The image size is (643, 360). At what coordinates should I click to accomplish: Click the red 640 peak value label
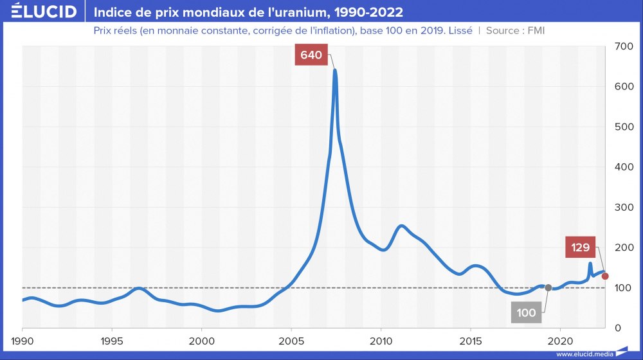coord(311,55)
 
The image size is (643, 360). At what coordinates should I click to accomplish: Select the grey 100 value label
coord(526,313)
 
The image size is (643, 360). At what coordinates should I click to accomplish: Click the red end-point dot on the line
coord(605,276)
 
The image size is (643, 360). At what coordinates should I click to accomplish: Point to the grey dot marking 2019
coord(548,287)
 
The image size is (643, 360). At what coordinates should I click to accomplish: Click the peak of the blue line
coord(335,69)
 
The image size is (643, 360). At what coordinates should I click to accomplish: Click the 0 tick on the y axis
coord(617,328)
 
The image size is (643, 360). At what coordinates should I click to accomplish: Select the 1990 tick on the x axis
coord(23,340)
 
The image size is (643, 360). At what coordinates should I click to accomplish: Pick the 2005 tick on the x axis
coord(291,340)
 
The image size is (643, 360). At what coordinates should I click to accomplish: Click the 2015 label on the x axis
coord(471,340)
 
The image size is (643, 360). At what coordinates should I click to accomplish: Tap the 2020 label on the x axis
coord(561,340)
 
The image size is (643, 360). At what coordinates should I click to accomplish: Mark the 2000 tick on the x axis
coord(202,340)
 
